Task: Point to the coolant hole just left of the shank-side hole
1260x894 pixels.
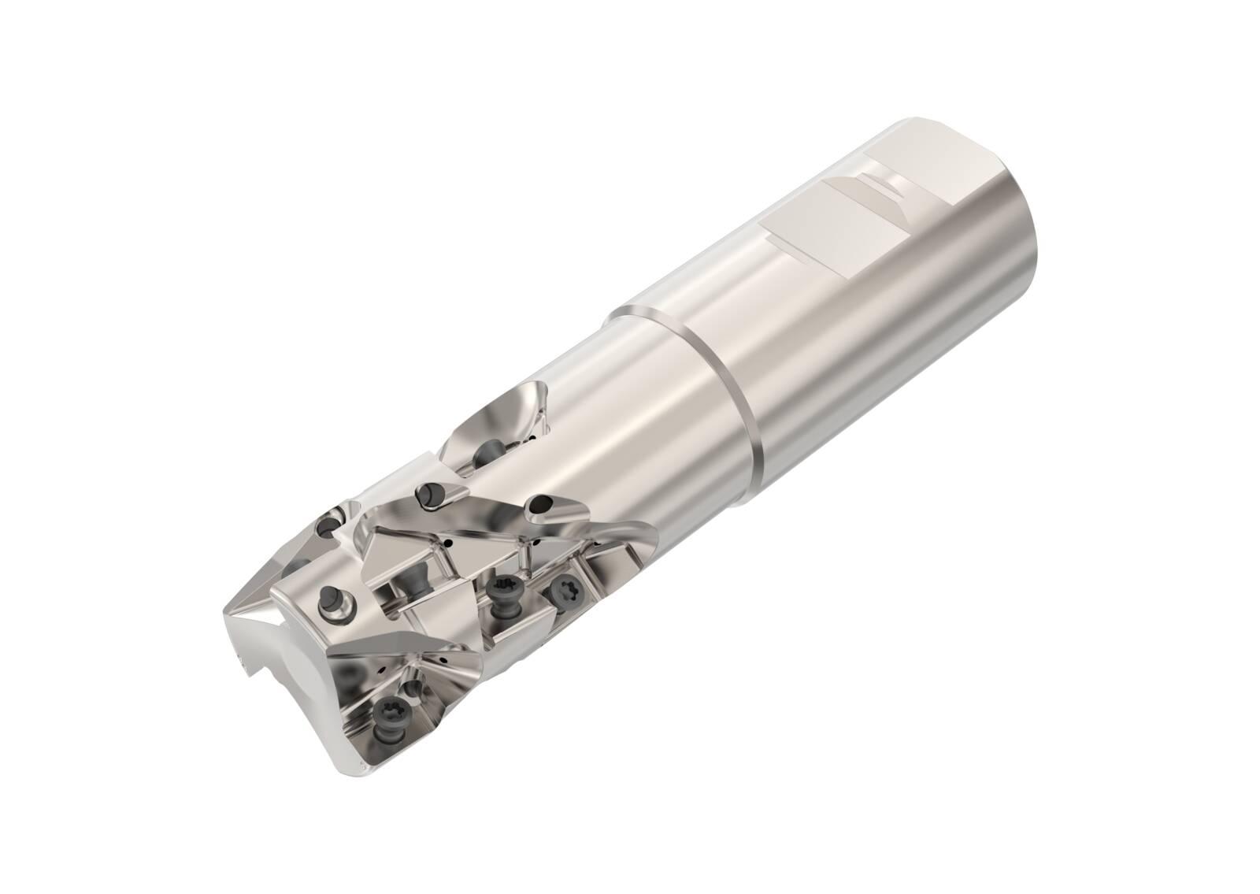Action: [x=429, y=495]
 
